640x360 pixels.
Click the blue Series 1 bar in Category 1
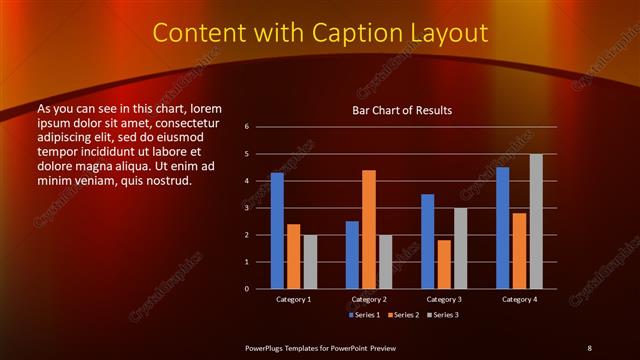pyautogui.click(x=277, y=231)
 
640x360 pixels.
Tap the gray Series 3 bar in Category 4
pyautogui.click(x=536, y=221)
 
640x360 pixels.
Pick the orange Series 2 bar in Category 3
pyautogui.click(x=444, y=264)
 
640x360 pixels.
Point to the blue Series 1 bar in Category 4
pyautogui.click(x=502, y=228)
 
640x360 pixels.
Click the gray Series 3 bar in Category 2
pyautogui.click(x=386, y=262)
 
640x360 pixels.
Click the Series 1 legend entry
pyautogui.click(x=363, y=315)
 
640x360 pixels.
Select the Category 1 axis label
pyautogui.click(x=294, y=299)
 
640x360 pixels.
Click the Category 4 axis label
pyautogui.click(x=519, y=299)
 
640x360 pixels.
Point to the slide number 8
pyautogui.click(x=589, y=347)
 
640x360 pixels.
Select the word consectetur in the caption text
pyautogui.click(x=188, y=121)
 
